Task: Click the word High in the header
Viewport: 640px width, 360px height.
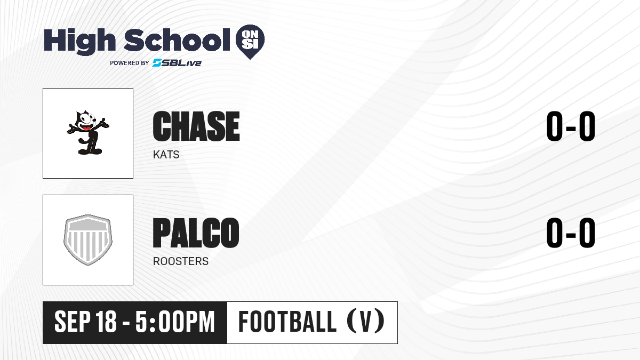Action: [x=80, y=42]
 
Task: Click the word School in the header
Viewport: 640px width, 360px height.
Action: [x=177, y=40]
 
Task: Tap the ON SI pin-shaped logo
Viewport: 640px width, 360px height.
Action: [x=250, y=41]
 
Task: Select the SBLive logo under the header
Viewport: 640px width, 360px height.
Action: [x=177, y=63]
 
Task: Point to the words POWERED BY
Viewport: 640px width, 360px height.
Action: [x=130, y=63]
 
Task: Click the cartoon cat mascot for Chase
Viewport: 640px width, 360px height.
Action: [x=88, y=133]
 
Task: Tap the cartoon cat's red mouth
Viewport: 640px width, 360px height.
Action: [x=86, y=127]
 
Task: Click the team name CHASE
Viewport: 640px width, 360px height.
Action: [x=196, y=126]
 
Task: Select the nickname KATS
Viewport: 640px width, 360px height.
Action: [x=166, y=155]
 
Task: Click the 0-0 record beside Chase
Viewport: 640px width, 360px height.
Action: [x=571, y=126]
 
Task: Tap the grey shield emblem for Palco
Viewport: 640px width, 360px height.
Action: [x=88, y=240]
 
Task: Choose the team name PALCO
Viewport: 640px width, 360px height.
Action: [x=196, y=233]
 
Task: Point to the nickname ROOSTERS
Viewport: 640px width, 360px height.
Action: [x=181, y=261]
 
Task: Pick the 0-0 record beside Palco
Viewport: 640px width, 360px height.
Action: [x=571, y=233]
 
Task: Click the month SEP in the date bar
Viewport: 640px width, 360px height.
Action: [x=73, y=322]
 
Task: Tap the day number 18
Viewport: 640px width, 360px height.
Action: [x=106, y=322]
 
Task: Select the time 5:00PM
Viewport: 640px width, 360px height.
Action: [x=175, y=322]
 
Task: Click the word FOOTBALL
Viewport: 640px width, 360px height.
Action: [x=287, y=322]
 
